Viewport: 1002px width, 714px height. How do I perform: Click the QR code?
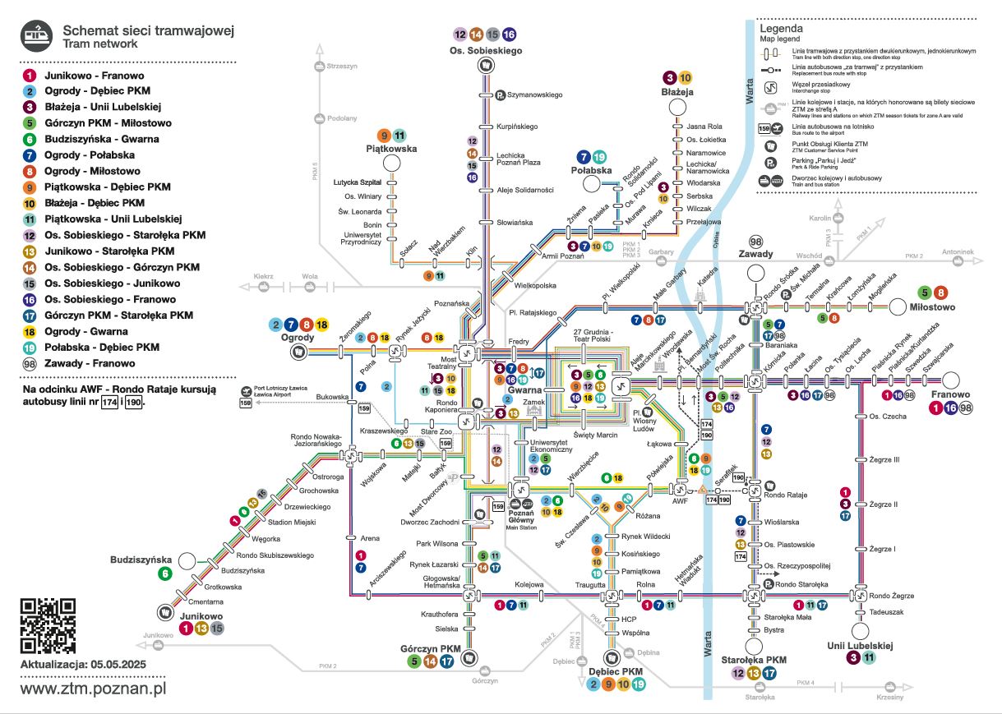(x=48, y=625)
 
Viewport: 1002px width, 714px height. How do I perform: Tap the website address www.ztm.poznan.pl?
(x=93, y=688)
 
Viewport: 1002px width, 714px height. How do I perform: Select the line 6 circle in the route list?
(x=30, y=140)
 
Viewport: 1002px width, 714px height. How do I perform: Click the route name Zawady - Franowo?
(x=90, y=363)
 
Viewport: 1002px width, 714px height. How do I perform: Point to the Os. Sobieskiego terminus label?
(x=486, y=51)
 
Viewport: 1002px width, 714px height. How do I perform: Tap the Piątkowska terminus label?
(x=391, y=149)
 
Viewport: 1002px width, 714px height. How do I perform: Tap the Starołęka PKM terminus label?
(x=754, y=660)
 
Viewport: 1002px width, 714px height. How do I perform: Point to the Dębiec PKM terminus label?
(x=616, y=671)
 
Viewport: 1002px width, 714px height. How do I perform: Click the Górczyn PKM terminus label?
(x=430, y=647)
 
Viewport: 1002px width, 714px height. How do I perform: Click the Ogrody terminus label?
(x=298, y=337)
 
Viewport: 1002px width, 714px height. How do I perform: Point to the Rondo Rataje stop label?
(x=786, y=495)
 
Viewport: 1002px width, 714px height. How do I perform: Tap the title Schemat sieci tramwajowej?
(x=149, y=31)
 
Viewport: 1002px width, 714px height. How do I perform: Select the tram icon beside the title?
(x=37, y=34)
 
